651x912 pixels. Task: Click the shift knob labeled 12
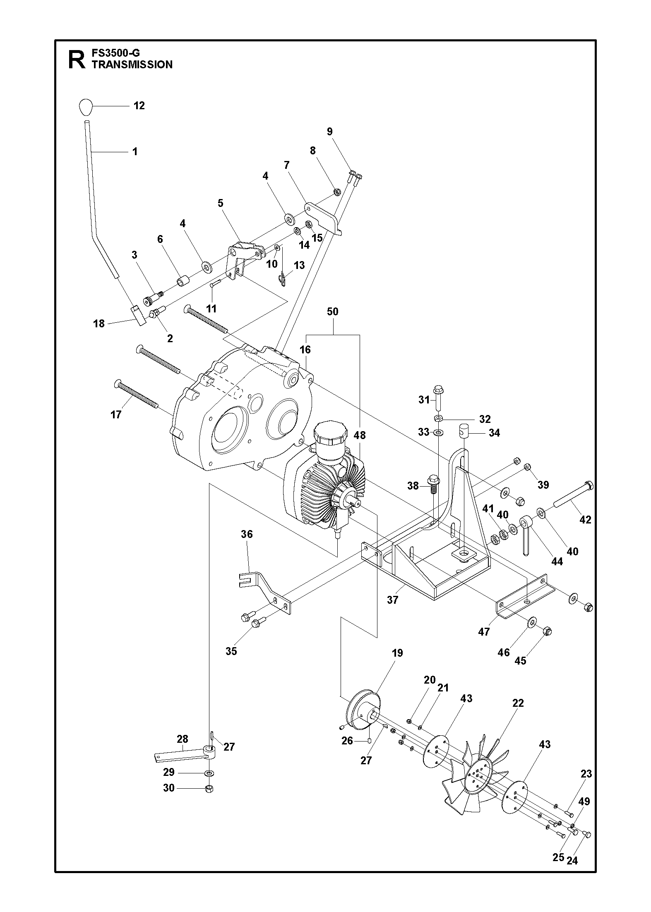pos(84,107)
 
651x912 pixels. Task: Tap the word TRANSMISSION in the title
pos(132,65)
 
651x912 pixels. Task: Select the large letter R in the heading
pos(77,60)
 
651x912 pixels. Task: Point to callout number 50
pos(332,312)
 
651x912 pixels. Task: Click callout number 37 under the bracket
pos(392,600)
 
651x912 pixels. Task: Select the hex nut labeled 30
pos(209,788)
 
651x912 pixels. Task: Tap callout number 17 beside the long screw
pos(116,415)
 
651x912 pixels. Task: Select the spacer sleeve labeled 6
pos(183,281)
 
